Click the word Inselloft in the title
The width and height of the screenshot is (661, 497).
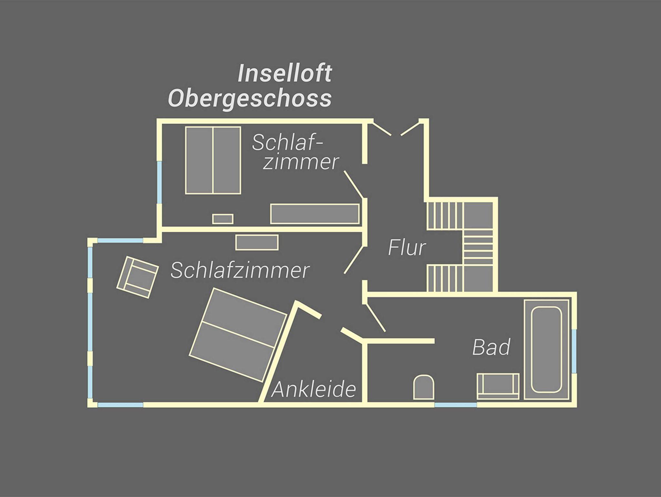tap(285, 73)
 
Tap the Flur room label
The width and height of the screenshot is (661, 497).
tap(407, 248)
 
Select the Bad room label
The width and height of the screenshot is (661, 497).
tap(491, 347)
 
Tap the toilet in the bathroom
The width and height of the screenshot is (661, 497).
tap(424, 387)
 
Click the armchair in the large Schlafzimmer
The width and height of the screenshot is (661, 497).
tap(137, 277)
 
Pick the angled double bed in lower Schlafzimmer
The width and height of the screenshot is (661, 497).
tap(238, 335)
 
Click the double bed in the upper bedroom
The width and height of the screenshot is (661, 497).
tap(213, 160)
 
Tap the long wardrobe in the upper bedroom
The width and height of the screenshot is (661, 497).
tap(315, 214)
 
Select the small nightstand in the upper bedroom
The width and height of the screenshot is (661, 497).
tap(223, 219)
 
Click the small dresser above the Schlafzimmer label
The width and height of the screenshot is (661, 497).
tap(257, 242)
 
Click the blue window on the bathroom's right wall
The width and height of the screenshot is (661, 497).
tap(574, 351)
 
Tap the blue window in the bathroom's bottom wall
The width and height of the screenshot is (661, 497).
tap(456, 405)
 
